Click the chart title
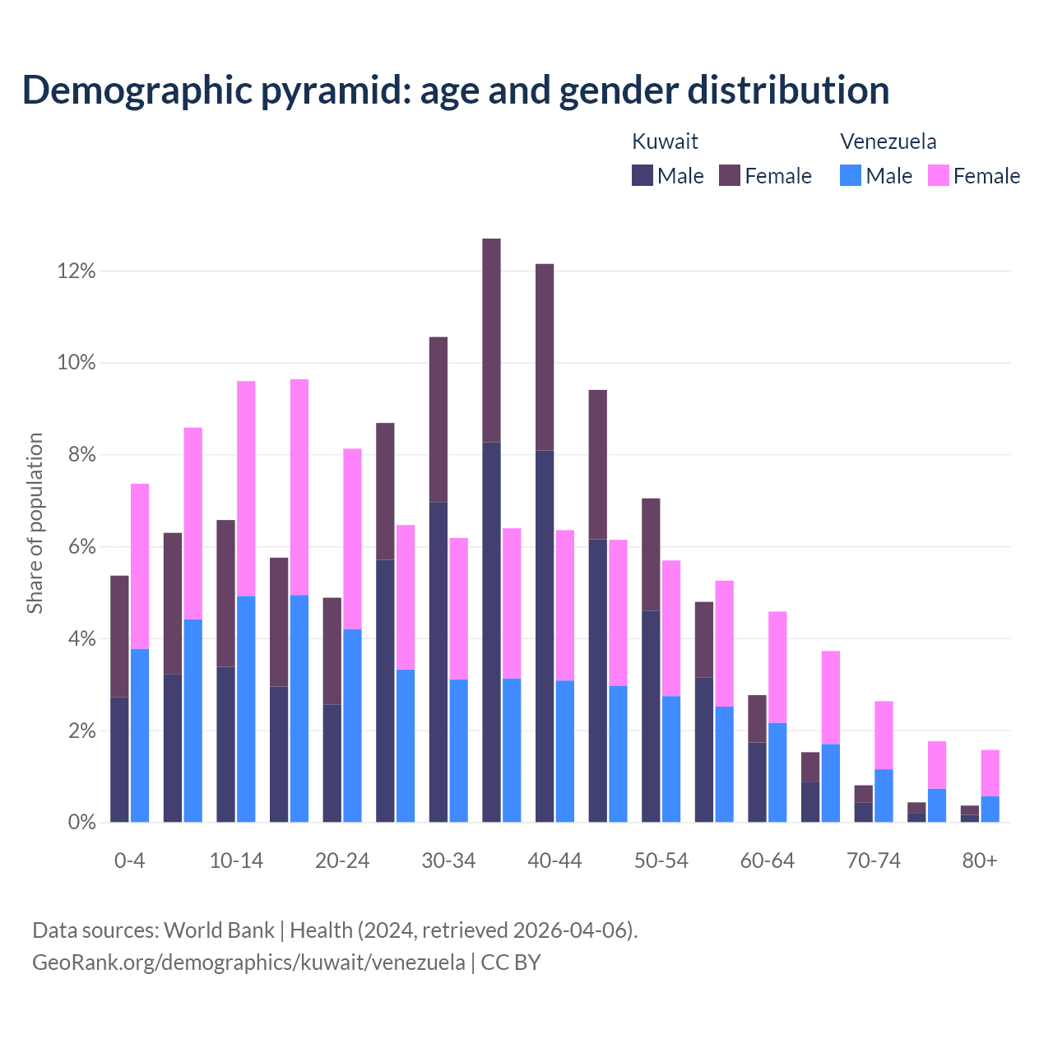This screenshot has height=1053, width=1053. (456, 90)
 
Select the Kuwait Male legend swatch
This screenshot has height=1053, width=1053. (642, 175)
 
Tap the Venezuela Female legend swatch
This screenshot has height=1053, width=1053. (939, 175)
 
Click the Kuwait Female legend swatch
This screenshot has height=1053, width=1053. (730, 175)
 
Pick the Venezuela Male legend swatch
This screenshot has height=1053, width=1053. (851, 175)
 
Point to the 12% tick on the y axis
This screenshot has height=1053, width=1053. (77, 271)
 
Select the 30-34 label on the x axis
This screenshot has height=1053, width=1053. (448, 861)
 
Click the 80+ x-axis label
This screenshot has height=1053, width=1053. (980, 861)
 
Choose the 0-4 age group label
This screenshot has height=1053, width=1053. (130, 861)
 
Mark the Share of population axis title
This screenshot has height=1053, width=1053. (35, 523)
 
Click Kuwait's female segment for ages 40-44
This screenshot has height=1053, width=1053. (545, 357)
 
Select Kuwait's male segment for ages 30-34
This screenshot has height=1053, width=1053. (438, 661)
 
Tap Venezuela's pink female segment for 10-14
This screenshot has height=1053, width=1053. (246, 489)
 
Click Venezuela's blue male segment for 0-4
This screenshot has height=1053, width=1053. (140, 735)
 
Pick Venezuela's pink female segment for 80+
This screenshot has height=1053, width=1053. (990, 773)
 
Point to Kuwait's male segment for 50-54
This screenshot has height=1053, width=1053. (651, 716)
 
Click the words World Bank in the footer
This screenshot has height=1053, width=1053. (219, 930)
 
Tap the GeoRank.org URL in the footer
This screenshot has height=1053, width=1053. (248, 963)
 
